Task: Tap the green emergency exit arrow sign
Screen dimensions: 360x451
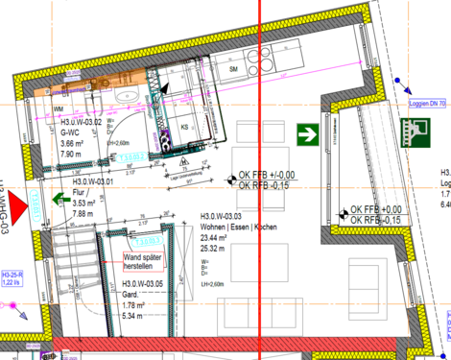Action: pyautogui.click(x=308, y=133)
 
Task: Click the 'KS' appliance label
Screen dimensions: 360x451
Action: pyautogui.click(x=185, y=125)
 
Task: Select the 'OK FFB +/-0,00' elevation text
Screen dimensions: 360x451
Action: pyautogui.click(x=267, y=176)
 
